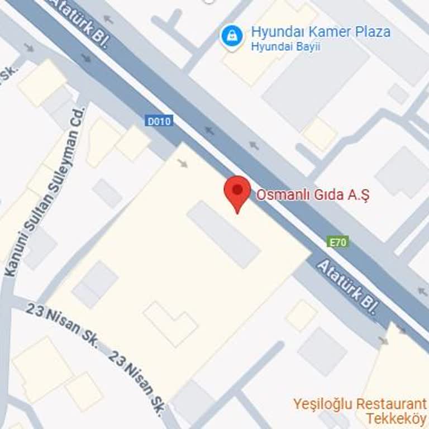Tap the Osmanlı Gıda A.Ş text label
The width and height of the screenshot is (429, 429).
(x=313, y=195)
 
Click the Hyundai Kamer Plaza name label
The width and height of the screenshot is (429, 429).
(x=321, y=31)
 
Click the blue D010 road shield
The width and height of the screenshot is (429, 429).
(x=159, y=121)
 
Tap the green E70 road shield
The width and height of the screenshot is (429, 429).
(x=338, y=242)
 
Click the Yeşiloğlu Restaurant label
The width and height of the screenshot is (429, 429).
(x=360, y=403)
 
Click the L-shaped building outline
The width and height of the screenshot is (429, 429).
(x=171, y=323)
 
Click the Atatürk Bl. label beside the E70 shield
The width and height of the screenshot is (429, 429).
(x=347, y=287)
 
